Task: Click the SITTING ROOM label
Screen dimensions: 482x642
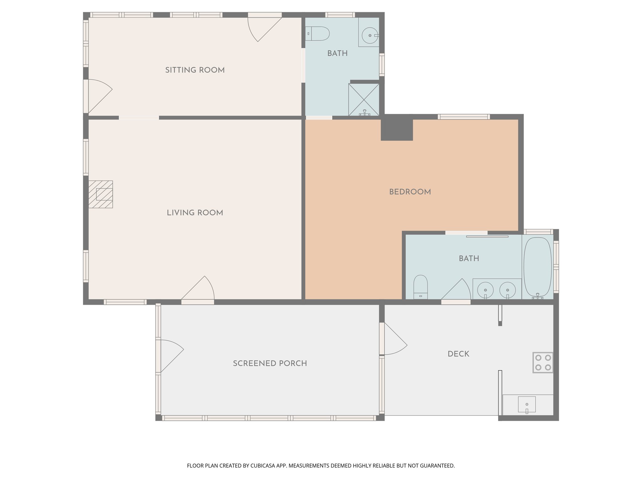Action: (x=195, y=70)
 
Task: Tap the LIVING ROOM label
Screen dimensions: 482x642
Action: (x=195, y=213)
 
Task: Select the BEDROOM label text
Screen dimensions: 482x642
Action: (x=410, y=192)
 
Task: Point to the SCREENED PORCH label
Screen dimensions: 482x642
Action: (x=270, y=363)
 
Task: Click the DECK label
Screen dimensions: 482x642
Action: (x=458, y=354)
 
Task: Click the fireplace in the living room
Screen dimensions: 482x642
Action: (x=101, y=194)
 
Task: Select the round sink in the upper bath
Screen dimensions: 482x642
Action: (x=370, y=35)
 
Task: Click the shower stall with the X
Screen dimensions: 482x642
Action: (x=364, y=99)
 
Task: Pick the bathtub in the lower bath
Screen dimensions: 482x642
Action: (x=537, y=267)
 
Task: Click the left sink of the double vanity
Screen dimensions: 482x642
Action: (x=485, y=289)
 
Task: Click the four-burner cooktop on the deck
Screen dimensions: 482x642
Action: (x=543, y=362)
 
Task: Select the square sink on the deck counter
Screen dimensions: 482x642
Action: (x=527, y=404)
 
